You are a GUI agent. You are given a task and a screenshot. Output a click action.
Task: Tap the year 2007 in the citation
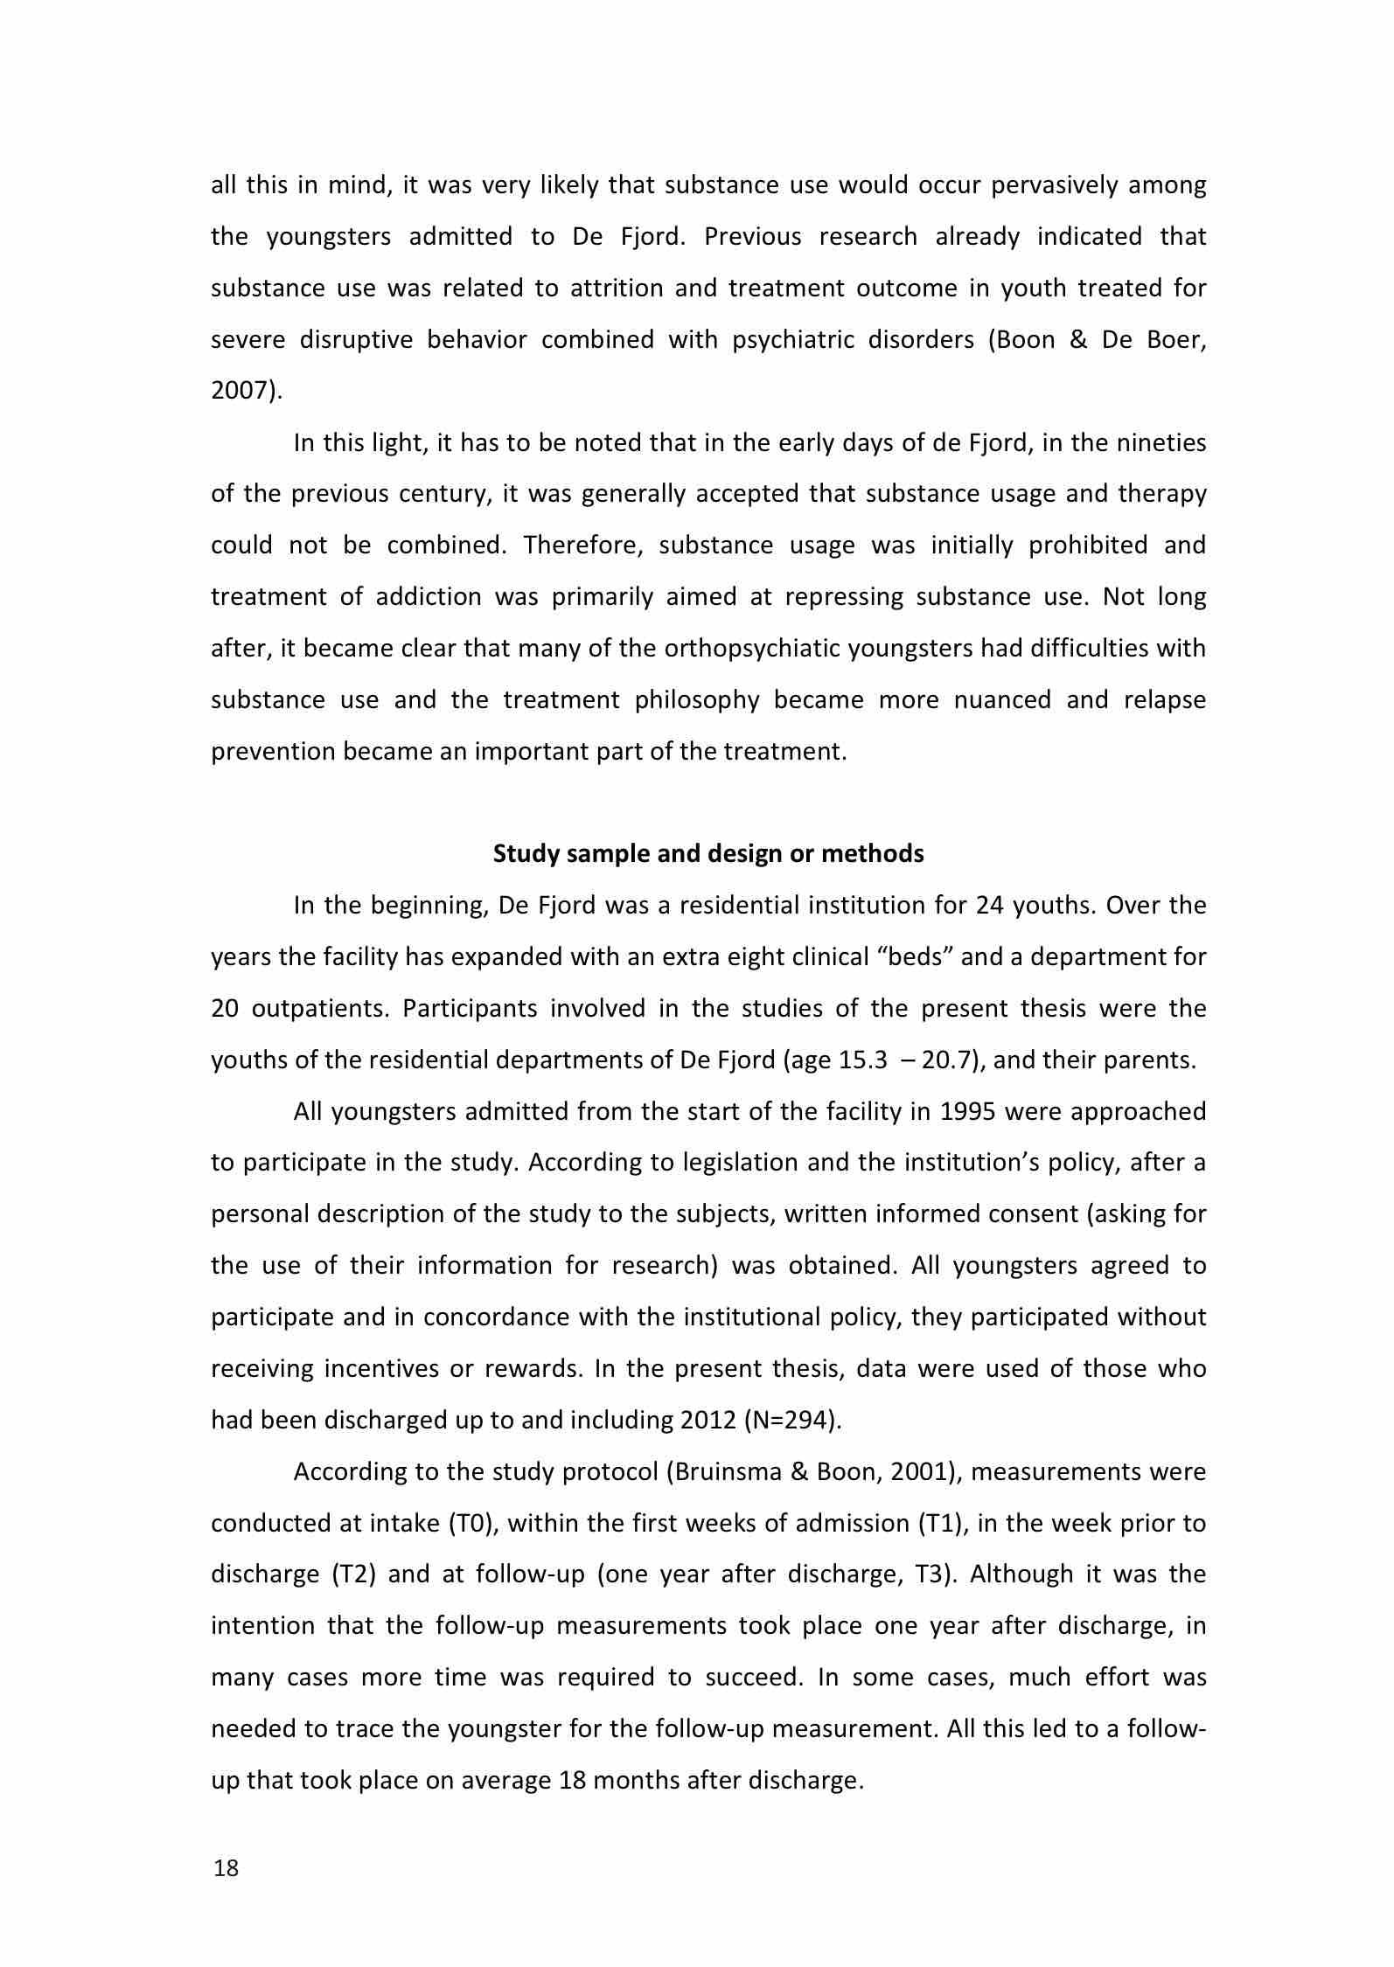click(241, 391)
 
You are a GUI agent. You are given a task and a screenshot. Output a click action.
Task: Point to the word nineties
click(1161, 443)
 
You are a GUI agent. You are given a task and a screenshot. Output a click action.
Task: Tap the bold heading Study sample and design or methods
click(708, 853)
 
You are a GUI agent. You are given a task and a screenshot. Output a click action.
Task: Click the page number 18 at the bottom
click(226, 1869)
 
